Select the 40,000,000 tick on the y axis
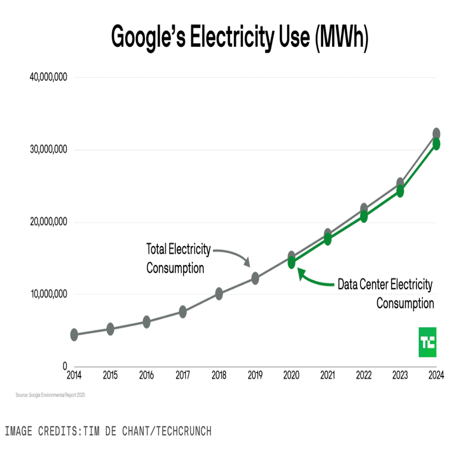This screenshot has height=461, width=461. (48, 77)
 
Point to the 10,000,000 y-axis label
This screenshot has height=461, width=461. (48, 294)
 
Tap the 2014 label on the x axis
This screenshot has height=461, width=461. (74, 375)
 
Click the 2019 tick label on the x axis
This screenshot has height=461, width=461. (255, 375)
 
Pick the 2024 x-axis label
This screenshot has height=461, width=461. (436, 375)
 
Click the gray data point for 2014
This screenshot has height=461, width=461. (74, 335)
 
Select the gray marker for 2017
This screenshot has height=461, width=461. (183, 312)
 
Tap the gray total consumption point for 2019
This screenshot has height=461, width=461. (255, 278)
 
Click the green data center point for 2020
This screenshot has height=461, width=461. (292, 263)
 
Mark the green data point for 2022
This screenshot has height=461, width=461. (364, 216)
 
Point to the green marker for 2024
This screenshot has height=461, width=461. (436, 144)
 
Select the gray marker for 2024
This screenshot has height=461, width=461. (436, 134)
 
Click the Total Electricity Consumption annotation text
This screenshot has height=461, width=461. (178, 258)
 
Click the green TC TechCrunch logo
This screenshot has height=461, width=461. (427, 342)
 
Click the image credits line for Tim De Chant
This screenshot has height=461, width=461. (108, 431)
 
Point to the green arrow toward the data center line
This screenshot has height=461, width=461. (315, 279)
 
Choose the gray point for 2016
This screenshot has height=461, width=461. (147, 322)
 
